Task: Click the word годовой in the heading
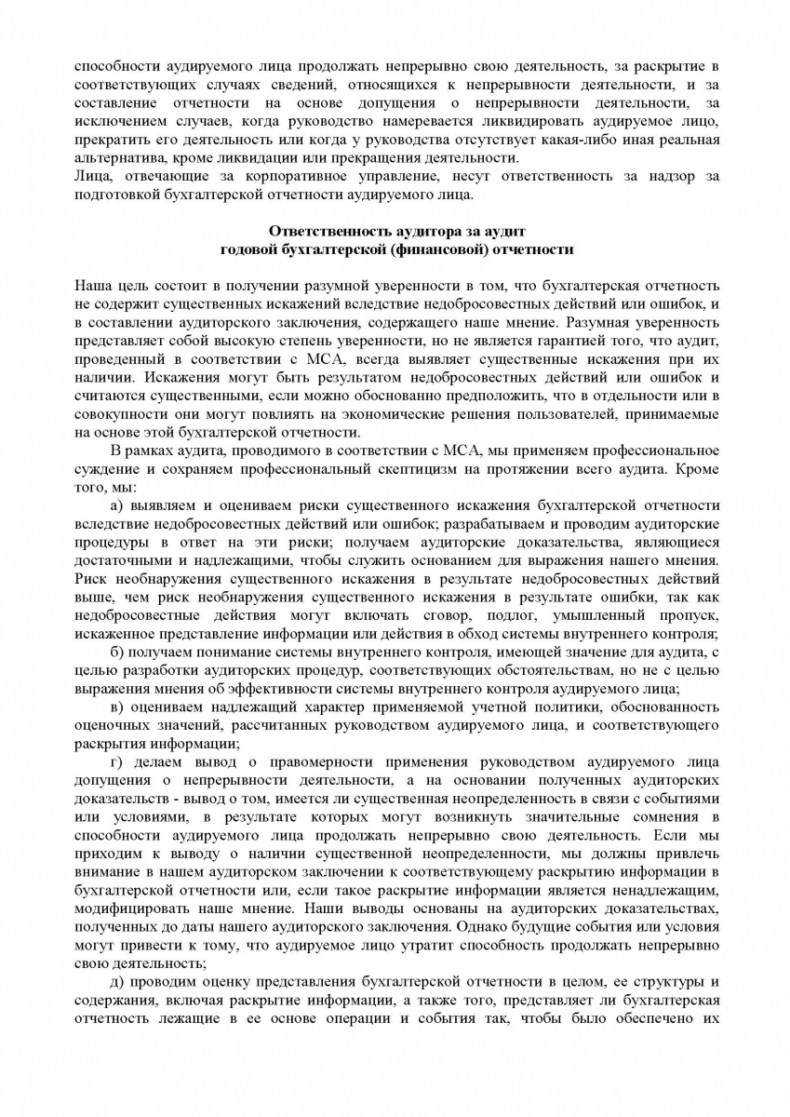251,249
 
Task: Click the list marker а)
117,505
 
